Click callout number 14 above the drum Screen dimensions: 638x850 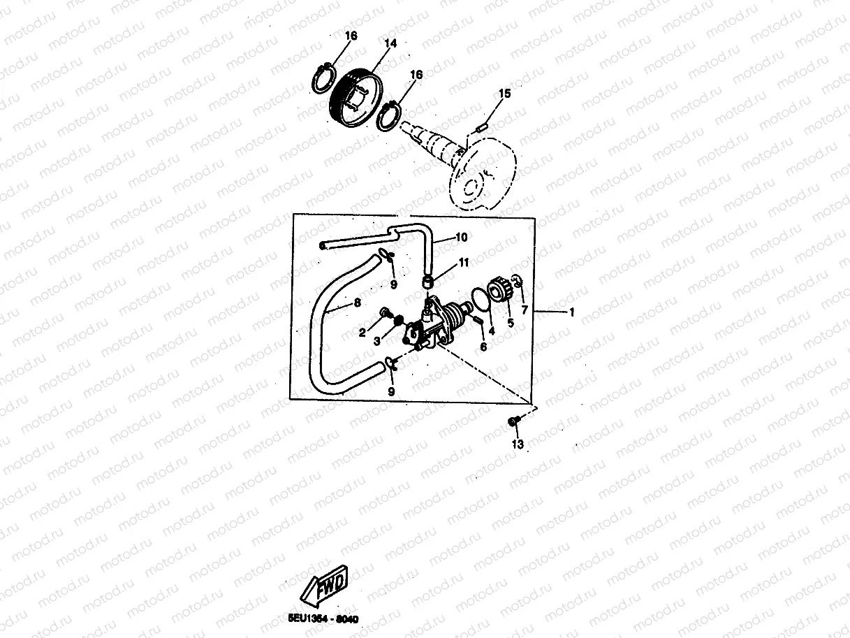pyautogui.click(x=390, y=43)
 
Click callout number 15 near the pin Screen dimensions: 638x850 pyautogui.click(x=504, y=93)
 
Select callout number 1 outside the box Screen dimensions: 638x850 pyautogui.click(x=571, y=312)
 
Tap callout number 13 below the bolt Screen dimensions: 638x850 pyautogui.click(x=517, y=444)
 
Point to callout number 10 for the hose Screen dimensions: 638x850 pyautogui.click(x=460, y=238)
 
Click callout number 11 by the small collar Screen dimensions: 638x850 pyautogui.click(x=464, y=263)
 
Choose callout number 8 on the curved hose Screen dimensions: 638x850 pyautogui.click(x=357, y=303)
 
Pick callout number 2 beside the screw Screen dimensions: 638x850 pyautogui.click(x=362, y=333)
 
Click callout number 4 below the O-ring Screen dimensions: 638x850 pyautogui.click(x=491, y=331)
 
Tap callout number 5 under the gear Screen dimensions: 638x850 pyautogui.click(x=510, y=324)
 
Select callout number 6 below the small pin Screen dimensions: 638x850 pyautogui.click(x=483, y=347)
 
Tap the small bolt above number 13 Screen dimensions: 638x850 pyautogui.click(x=513, y=421)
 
